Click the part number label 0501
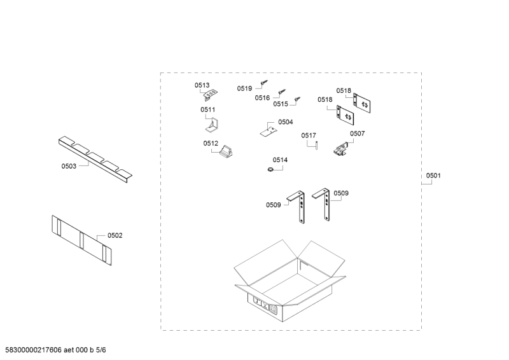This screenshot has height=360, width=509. pyautogui.click(x=433, y=176)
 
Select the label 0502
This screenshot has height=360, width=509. pyautogui.click(x=115, y=235)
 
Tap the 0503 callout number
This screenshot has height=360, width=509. pyautogui.click(x=69, y=167)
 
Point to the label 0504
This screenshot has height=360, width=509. pyautogui.click(x=285, y=121)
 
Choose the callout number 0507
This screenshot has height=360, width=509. pyautogui.click(x=357, y=134)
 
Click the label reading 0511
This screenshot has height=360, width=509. pyautogui.click(x=208, y=109)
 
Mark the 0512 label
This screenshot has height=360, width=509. pyautogui.click(x=211, y=144)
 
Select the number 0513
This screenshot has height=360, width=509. pyautogui.click(x=202, y=85)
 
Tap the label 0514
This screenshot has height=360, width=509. pyautogui.click(x=280, y=160)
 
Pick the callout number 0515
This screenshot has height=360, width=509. pyautogui.click(x=281, y=104)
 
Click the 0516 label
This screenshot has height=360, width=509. pyautogui.click(x=262, y=98)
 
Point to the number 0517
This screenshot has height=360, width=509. pyautogui.click(x=309, y=135)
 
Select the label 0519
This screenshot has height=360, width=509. pyautogui.click(x=244, y=88)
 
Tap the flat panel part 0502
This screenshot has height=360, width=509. pyautogui.click(x=81, y=239)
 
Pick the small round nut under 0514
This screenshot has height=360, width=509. pyautogui.click(x=270, y=169)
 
